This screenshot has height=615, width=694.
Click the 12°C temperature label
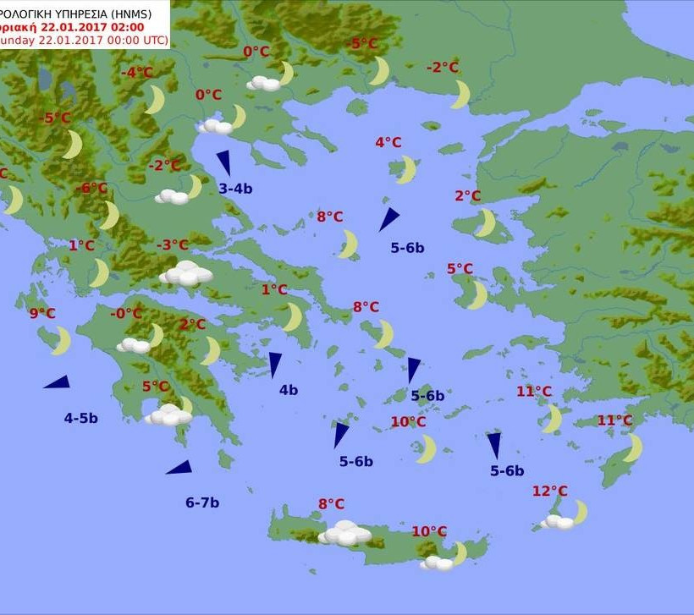550,491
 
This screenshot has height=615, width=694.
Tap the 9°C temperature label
42,313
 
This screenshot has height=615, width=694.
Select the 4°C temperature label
388,142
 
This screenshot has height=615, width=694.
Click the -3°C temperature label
173,245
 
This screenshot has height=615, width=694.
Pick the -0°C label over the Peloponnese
126,314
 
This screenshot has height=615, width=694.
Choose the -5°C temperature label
364,44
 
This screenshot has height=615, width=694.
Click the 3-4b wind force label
235,189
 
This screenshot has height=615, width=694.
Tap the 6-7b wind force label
202,502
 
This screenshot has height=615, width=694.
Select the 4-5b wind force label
80,418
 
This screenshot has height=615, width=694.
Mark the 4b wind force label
289,390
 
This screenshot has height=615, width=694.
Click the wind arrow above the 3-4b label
224,162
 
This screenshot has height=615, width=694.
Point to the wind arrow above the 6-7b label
179,468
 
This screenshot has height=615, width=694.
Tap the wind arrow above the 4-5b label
57,382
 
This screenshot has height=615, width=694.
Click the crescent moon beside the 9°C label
61,341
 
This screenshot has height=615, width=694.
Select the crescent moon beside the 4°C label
407,169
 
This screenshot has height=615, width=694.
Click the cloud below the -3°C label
185,273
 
